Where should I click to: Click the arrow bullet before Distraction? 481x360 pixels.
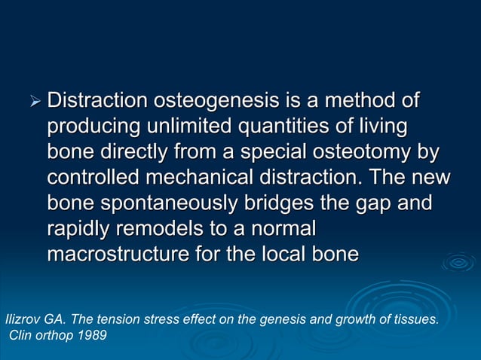coord(33,102)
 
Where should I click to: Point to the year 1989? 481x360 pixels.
coord(91,335)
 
